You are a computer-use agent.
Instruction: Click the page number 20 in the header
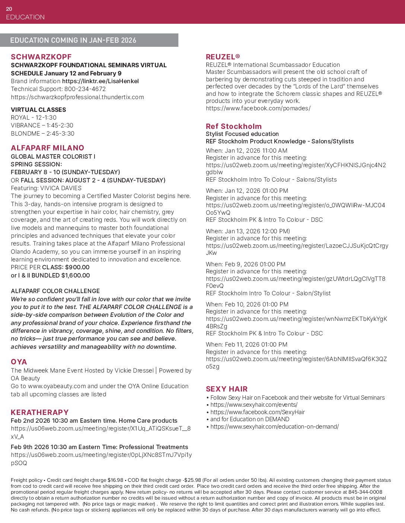point(9,9)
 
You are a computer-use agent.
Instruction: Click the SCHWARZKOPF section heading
point(41,57)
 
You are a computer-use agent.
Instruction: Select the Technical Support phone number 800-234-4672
point(85,89)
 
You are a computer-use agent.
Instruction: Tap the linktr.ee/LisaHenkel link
point(100,81)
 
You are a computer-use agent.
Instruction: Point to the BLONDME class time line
point(42,134)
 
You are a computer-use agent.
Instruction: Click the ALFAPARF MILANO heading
point(47,148)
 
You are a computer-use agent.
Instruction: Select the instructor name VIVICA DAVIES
point(61,188)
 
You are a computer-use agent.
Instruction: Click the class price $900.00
point(77,267)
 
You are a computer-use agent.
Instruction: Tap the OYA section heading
point(19,362)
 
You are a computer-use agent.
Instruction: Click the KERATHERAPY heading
point(40,412)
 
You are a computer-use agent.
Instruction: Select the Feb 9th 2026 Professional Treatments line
point(99,447)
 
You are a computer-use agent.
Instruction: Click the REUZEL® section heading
point(223,57)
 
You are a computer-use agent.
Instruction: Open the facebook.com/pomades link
point(258,108)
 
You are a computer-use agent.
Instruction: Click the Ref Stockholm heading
point(234,126)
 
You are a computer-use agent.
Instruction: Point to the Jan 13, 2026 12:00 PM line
point(248,231)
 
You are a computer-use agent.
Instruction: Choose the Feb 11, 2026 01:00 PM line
point(246,345)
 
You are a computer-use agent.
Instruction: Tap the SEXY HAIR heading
point(227,389)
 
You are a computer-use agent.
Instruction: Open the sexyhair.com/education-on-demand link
point(274,427)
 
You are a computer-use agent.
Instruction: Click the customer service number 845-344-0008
point(365,492)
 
